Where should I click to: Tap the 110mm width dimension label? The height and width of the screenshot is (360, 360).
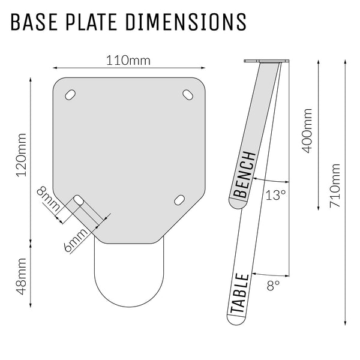[x=128, y=61]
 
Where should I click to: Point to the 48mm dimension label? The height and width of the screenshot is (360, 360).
[x=21, y=273]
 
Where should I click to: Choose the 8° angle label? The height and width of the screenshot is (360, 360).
[x=273, y=286]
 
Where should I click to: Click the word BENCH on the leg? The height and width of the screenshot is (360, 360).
[x=245, y=175]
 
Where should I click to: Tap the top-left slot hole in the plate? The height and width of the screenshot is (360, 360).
[x=70, y=95]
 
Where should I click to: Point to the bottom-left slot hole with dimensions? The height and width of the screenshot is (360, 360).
[x=78, y=200]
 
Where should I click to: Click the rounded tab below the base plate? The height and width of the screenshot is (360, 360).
[x=129, y=273]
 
